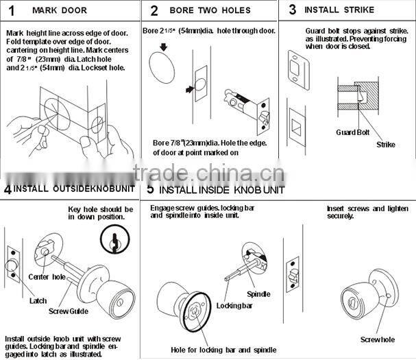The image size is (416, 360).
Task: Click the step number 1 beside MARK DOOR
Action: coord(12,11)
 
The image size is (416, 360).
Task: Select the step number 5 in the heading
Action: coord(151,189)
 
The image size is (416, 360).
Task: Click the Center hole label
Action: coord(47,276)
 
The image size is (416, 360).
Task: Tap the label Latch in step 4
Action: coord(38,300)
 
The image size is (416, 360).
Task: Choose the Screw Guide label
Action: coord(69,311)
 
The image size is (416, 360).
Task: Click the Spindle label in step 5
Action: coord(258,293)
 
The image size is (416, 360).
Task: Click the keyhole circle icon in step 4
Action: coord(113,239)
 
